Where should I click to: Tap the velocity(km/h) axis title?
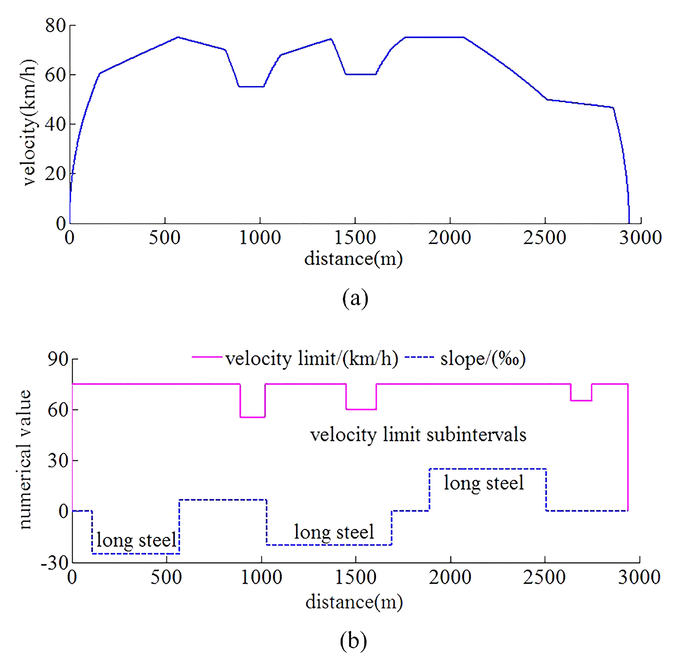(x=28, y=123)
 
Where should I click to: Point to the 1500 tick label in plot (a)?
(x=355, y=238)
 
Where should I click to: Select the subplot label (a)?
(x=355, y=298)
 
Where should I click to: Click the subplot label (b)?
(x=353, y=641)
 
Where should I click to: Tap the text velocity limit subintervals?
(x=418, y=435)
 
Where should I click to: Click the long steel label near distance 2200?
(x=484, y=483)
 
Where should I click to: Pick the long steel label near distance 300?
(x=136, y=540)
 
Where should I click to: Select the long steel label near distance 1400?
(x=334, y=532)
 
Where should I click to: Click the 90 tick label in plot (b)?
(x=58, y=359)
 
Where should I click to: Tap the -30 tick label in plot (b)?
(x=55, y=563)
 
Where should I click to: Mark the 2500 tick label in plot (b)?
(x=544, y=577)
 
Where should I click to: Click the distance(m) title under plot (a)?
(x=353, y=259)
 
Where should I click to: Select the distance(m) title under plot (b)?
(x=354, y=602)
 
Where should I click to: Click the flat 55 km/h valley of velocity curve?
(x=251, y=86)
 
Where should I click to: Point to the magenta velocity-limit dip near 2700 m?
(x=581, y=400)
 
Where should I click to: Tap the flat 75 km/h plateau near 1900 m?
(x=434, y=37)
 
